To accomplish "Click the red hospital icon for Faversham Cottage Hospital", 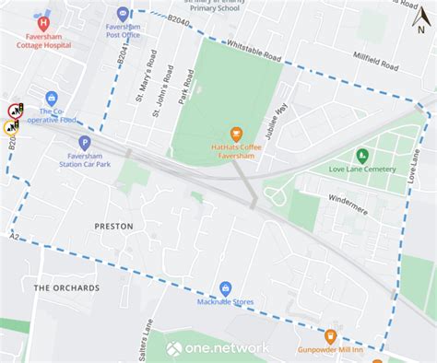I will coord(42,20).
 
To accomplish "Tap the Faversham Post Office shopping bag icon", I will coord(124,14).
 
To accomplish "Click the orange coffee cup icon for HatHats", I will coord(236,135).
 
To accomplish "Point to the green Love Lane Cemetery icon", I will coord(361,154).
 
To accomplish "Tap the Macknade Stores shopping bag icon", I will coord(225,287).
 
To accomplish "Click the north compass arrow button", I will coord(420,16).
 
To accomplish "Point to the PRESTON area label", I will coord(113,226).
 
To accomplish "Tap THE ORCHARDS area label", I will coord(66,288).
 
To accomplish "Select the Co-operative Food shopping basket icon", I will coord(52,98).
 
